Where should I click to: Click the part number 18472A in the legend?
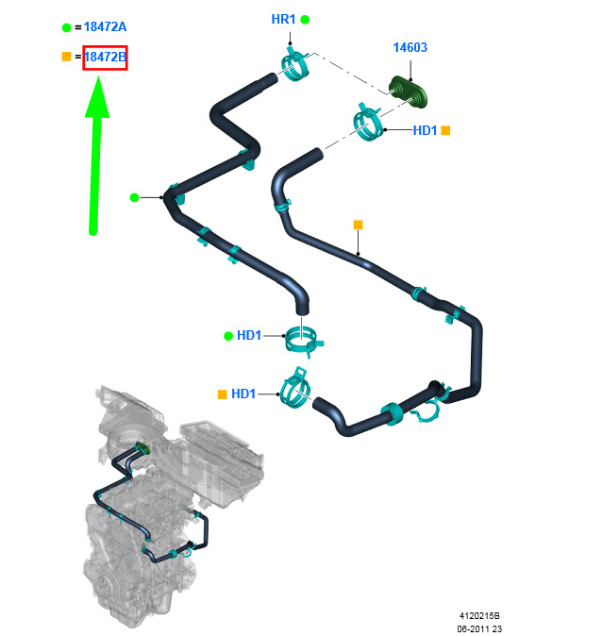point(105,26)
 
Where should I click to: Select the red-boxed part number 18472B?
point(105,58)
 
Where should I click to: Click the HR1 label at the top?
point(283,19)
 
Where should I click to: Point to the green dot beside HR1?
point(305,20)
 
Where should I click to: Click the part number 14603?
point(410,47)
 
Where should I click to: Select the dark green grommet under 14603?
point(408,92)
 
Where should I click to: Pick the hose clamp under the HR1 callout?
point(295,64)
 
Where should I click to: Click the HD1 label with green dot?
point(249,335)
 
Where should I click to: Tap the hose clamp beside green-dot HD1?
point(303,342)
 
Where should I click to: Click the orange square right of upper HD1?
point(445,130)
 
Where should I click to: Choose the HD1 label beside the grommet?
point(425,130)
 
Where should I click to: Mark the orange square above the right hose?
point(358,225)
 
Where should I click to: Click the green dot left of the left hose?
point(134,197)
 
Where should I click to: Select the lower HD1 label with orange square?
point(243,393)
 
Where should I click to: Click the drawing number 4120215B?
point(479,616)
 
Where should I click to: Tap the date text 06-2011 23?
point(479,628)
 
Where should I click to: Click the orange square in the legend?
point(67,57)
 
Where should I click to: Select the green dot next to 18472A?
point(67,27)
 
